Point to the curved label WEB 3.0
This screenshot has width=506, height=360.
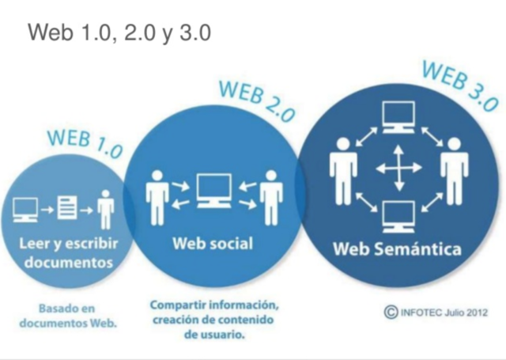click(459, 83)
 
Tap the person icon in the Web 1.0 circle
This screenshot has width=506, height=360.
click(106, 210)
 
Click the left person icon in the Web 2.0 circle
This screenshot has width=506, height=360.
click(155, 193)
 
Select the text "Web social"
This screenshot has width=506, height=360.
click(213, 243)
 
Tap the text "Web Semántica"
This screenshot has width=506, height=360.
click(396, 249)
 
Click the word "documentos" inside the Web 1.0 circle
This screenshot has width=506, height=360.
click(67, 262)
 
